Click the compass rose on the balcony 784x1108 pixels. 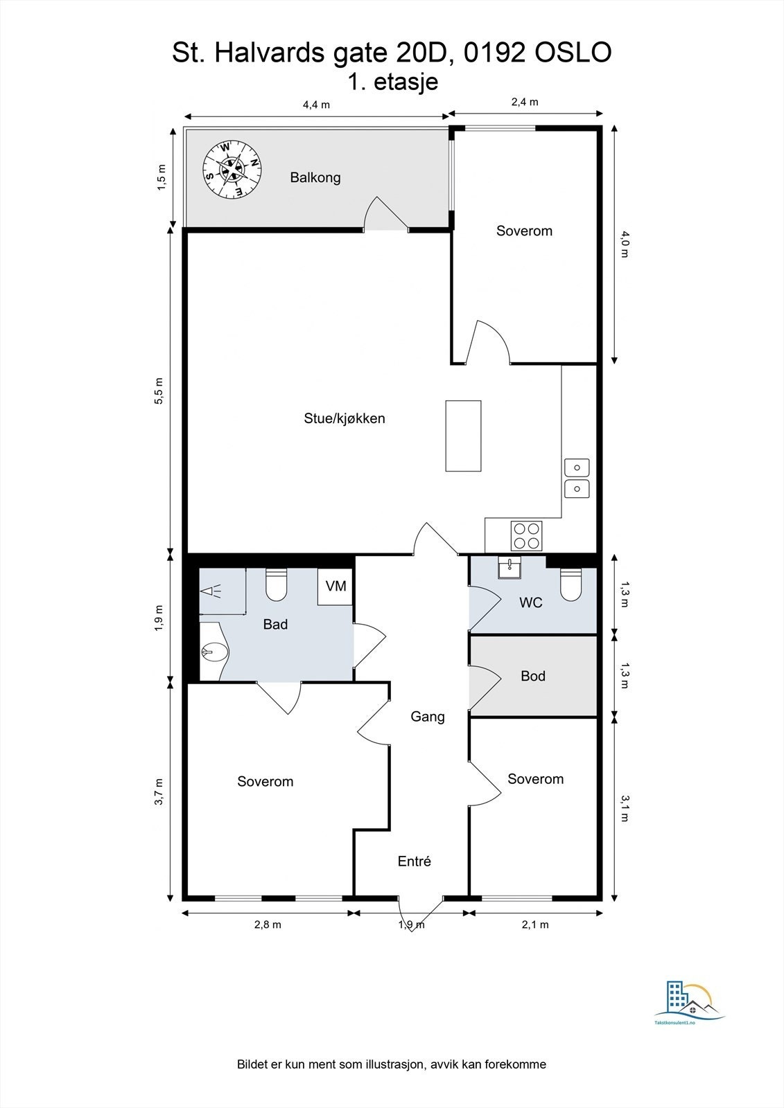pyautogui.click(x=232, y=170)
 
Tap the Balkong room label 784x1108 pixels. pyautogui.click(x=315, y=177)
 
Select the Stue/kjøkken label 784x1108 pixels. pyautogui.click(x=345, y=418)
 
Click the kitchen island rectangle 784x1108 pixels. pyautogui.click(x=463, y=436)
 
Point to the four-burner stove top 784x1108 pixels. pyautogui.click(x=526, y=536)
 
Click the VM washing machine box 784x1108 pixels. pyautogui.click(x=336, y=586)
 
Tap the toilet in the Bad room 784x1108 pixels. pyautogui.click(x=277, y=584)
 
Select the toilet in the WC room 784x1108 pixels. pyautogui.click(x=570, y=584)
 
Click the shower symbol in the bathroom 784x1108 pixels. pyautogui.click(x=211, y=591)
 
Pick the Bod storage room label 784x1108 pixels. pyautogui.click(x=533, y=676)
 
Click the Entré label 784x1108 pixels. pyautogui.click(x=414, y=861)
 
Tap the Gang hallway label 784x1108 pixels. pyautogui.click(x=428, y=717)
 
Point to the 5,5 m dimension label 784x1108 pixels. pyautogui.click(x=159, y=391)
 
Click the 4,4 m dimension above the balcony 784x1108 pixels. pyautogui.click(x=316, y=105)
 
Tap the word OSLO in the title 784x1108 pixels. pyautogui.click(x=573, y=53)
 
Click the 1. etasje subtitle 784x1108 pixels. pyautogui.click(x=393, y=82)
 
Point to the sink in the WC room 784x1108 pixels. pyautogui.click(x=509, y=567)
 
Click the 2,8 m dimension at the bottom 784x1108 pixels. pyautogui.click(x=268, y=924)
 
